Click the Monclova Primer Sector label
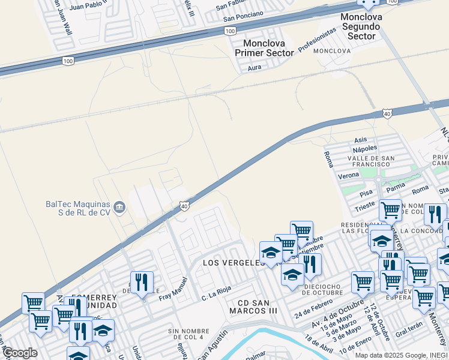(x=268, y=48)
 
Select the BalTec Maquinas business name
(x=78, y=208)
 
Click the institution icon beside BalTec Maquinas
(x=119, y=208)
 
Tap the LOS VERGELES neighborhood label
(x=234, y=263)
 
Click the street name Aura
(x=255, y=68)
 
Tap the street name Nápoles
(x=365, y=148)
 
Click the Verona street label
(x=348, y=175)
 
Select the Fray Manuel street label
(x=173, y=289)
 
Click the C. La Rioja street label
(x=217, y=293)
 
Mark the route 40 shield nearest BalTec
(x=184, y=206)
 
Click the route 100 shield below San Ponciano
(x=229, y=30)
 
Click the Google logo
(x=20, y=353)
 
